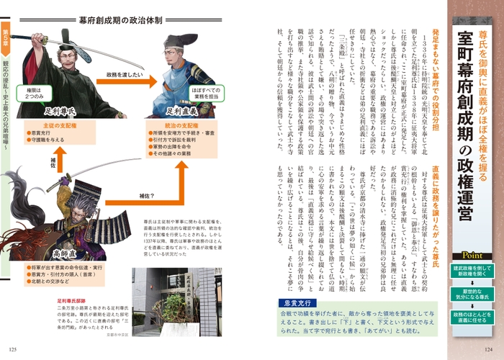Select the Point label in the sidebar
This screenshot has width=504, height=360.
click(x=472, y=254)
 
